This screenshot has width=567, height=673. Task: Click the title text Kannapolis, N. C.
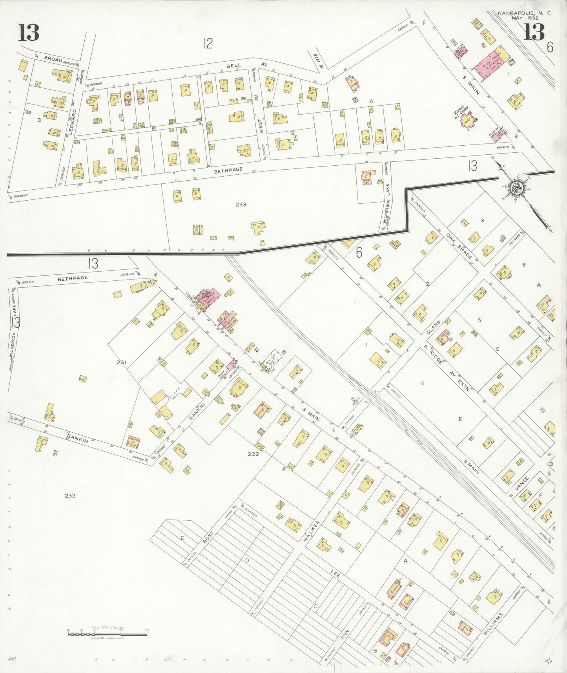point(525,13)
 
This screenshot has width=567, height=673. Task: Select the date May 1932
point(525,18)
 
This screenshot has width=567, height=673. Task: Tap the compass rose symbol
point(516,188)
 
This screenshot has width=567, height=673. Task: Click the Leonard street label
point(71,122)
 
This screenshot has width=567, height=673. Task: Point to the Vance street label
point(522,484)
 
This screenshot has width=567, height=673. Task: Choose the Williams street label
point(493,623)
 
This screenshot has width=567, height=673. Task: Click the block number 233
point(241,205)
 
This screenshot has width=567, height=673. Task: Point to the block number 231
point(121,362)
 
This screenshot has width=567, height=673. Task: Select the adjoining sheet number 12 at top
point(208,43)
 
